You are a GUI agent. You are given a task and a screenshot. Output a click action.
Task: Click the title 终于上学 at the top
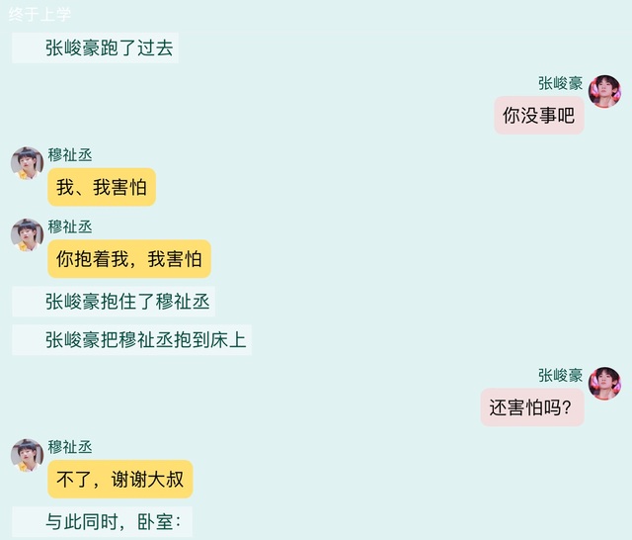pyautogui.click(x=39, y=14)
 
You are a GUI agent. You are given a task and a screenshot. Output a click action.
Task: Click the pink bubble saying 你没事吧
pyautogui.click(x=538, y=116)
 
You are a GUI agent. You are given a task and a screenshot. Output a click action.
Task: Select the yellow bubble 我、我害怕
pyautogui.click(x=102, y=187)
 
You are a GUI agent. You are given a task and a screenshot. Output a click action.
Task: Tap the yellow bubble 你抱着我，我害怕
pyautogui.click(x=128, y=259)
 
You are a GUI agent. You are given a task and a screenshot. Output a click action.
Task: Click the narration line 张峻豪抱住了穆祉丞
pyautogui.click(x=128, y=302)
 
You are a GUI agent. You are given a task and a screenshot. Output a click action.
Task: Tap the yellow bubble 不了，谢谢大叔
pyautogui.click(x=119, y=480)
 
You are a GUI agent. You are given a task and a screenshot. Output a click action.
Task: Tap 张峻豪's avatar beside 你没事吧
pyautogui.click(x=604, y=91)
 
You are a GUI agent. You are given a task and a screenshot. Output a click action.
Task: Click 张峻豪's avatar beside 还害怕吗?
pyautogui.click(x=604, y=383)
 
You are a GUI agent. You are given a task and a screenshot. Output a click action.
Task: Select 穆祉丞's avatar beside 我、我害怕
pyautogui.click(x=27, y=162)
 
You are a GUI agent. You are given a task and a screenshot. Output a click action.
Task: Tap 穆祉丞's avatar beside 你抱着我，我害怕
pyautogui.click(x=27, y=234)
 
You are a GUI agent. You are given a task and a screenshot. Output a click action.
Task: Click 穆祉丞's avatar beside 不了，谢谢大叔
pyautogui.click(x=27, y=455)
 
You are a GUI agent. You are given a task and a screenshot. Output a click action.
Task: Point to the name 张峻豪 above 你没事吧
pyautogui.click(x=560, y=83)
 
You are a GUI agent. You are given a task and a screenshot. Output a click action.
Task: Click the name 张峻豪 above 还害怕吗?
pyautogui.click(x=560, y=375)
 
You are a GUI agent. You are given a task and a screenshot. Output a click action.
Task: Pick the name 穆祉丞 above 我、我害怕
pyautogui.click(x=70, y=154)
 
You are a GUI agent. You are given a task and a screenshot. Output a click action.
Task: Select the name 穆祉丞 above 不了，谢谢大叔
pyautogui.click(x=70, y=447)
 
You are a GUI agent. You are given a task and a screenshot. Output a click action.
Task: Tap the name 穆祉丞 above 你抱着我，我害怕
pyautogui.click(x=70, y=226)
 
